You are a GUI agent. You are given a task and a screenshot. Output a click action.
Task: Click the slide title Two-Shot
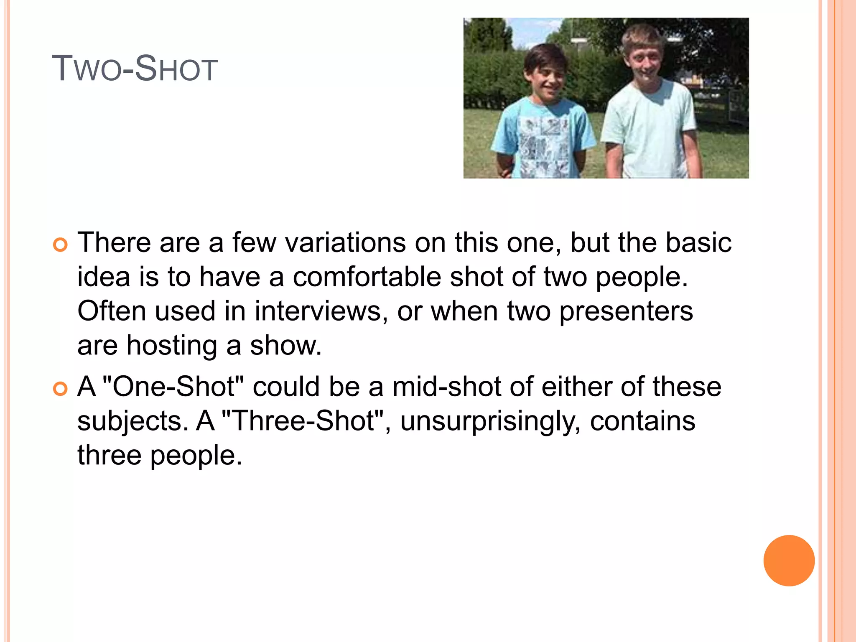point(135,69)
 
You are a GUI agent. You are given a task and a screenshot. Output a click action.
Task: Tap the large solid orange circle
point(789,560)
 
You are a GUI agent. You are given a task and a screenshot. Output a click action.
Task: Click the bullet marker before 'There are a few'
point(61,245)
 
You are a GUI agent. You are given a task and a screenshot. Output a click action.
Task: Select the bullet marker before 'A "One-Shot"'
point(61,389)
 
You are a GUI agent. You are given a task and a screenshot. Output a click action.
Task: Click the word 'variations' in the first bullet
point(345,242)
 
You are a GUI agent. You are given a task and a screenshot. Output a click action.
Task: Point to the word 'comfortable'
point(367,277)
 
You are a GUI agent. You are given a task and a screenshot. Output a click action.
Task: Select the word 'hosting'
point(171,346)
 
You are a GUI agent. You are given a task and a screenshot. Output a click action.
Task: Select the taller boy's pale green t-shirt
point(650,125)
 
